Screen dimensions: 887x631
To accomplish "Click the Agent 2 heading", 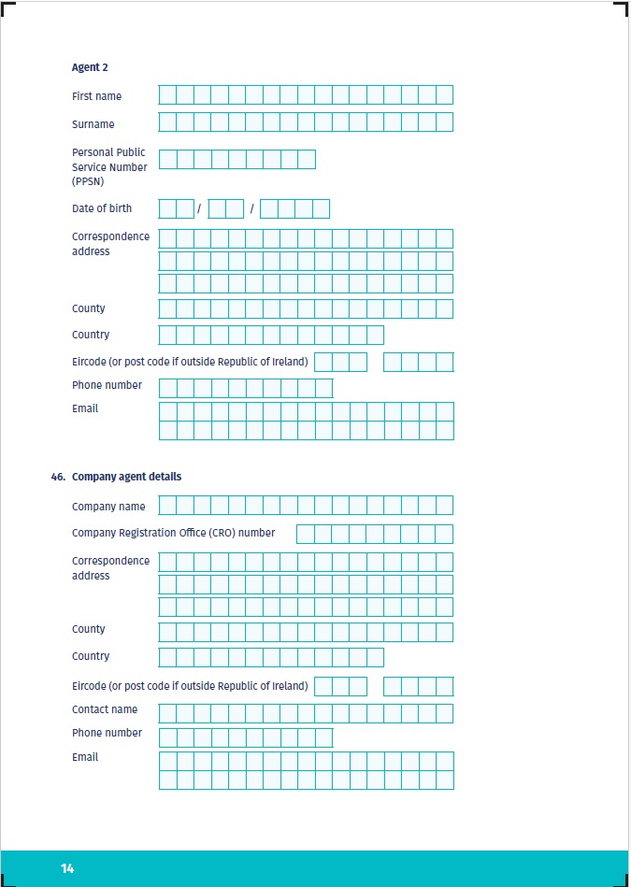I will click(91, 67).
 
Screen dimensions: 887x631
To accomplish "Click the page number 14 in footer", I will click(67, 868).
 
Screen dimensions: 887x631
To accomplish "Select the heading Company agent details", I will click(126, 477).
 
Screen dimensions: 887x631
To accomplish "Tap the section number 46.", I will click(58, 477).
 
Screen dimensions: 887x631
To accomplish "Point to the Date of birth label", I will click(102, 208).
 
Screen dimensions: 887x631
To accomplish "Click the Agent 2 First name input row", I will click(306, 94).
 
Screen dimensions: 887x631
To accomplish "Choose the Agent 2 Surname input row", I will click(306, 122).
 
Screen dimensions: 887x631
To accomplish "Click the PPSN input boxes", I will click(237, 159).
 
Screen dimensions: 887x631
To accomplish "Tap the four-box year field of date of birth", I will click(294, 208).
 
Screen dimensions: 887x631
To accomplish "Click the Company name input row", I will click(306, 506).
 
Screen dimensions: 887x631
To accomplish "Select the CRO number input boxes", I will click(374, 534).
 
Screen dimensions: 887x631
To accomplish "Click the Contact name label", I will click(105, 709).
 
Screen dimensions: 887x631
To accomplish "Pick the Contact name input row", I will click(306, 713).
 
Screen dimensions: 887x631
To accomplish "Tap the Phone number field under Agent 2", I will click(246, 388).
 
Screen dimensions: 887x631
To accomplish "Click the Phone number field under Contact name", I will click(246, 737).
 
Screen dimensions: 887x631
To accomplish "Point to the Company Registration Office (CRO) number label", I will click(173, 533).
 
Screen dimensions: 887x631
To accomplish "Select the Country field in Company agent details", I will click(271, 657).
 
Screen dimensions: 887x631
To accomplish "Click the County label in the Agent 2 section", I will click(89, 308).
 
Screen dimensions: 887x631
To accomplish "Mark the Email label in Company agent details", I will click(85, 757).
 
